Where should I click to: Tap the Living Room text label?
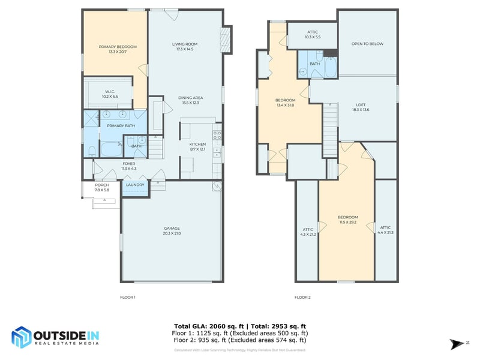pyautogui.click(x=185, y=47)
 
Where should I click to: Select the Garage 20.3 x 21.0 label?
pyautogui.click(x=172, y=230)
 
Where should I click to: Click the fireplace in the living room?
pyautogui.click(x=226, y=40)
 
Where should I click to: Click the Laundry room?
pyautogui.click(x=134, y=185)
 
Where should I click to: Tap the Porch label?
pyautogui.click(x=102, y=188)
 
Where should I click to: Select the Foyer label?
pyautogui.click(x=129, y=166)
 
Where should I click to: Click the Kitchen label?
pyautogui.click(x=197, y=146)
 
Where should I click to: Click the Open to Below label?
pyautogui.click(x=367, y=44)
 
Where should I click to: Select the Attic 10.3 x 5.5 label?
pyautogui.click(x=313, y=34)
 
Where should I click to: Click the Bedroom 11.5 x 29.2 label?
pyautogui.click(x=347, y=220)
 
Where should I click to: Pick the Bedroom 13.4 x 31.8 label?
pyautogui.click(x=285, y=103)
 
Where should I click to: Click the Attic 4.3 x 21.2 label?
pyautogui.click(x=308, y=232)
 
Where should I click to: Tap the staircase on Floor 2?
pyautogui.click(x=331, y=129)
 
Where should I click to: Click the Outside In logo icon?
pyautogui.click(x=22, y=338)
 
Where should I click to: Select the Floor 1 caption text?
pyautogui.click(x=128, y=297)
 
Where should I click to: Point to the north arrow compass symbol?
pyautogui.click(x=454, y=343)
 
